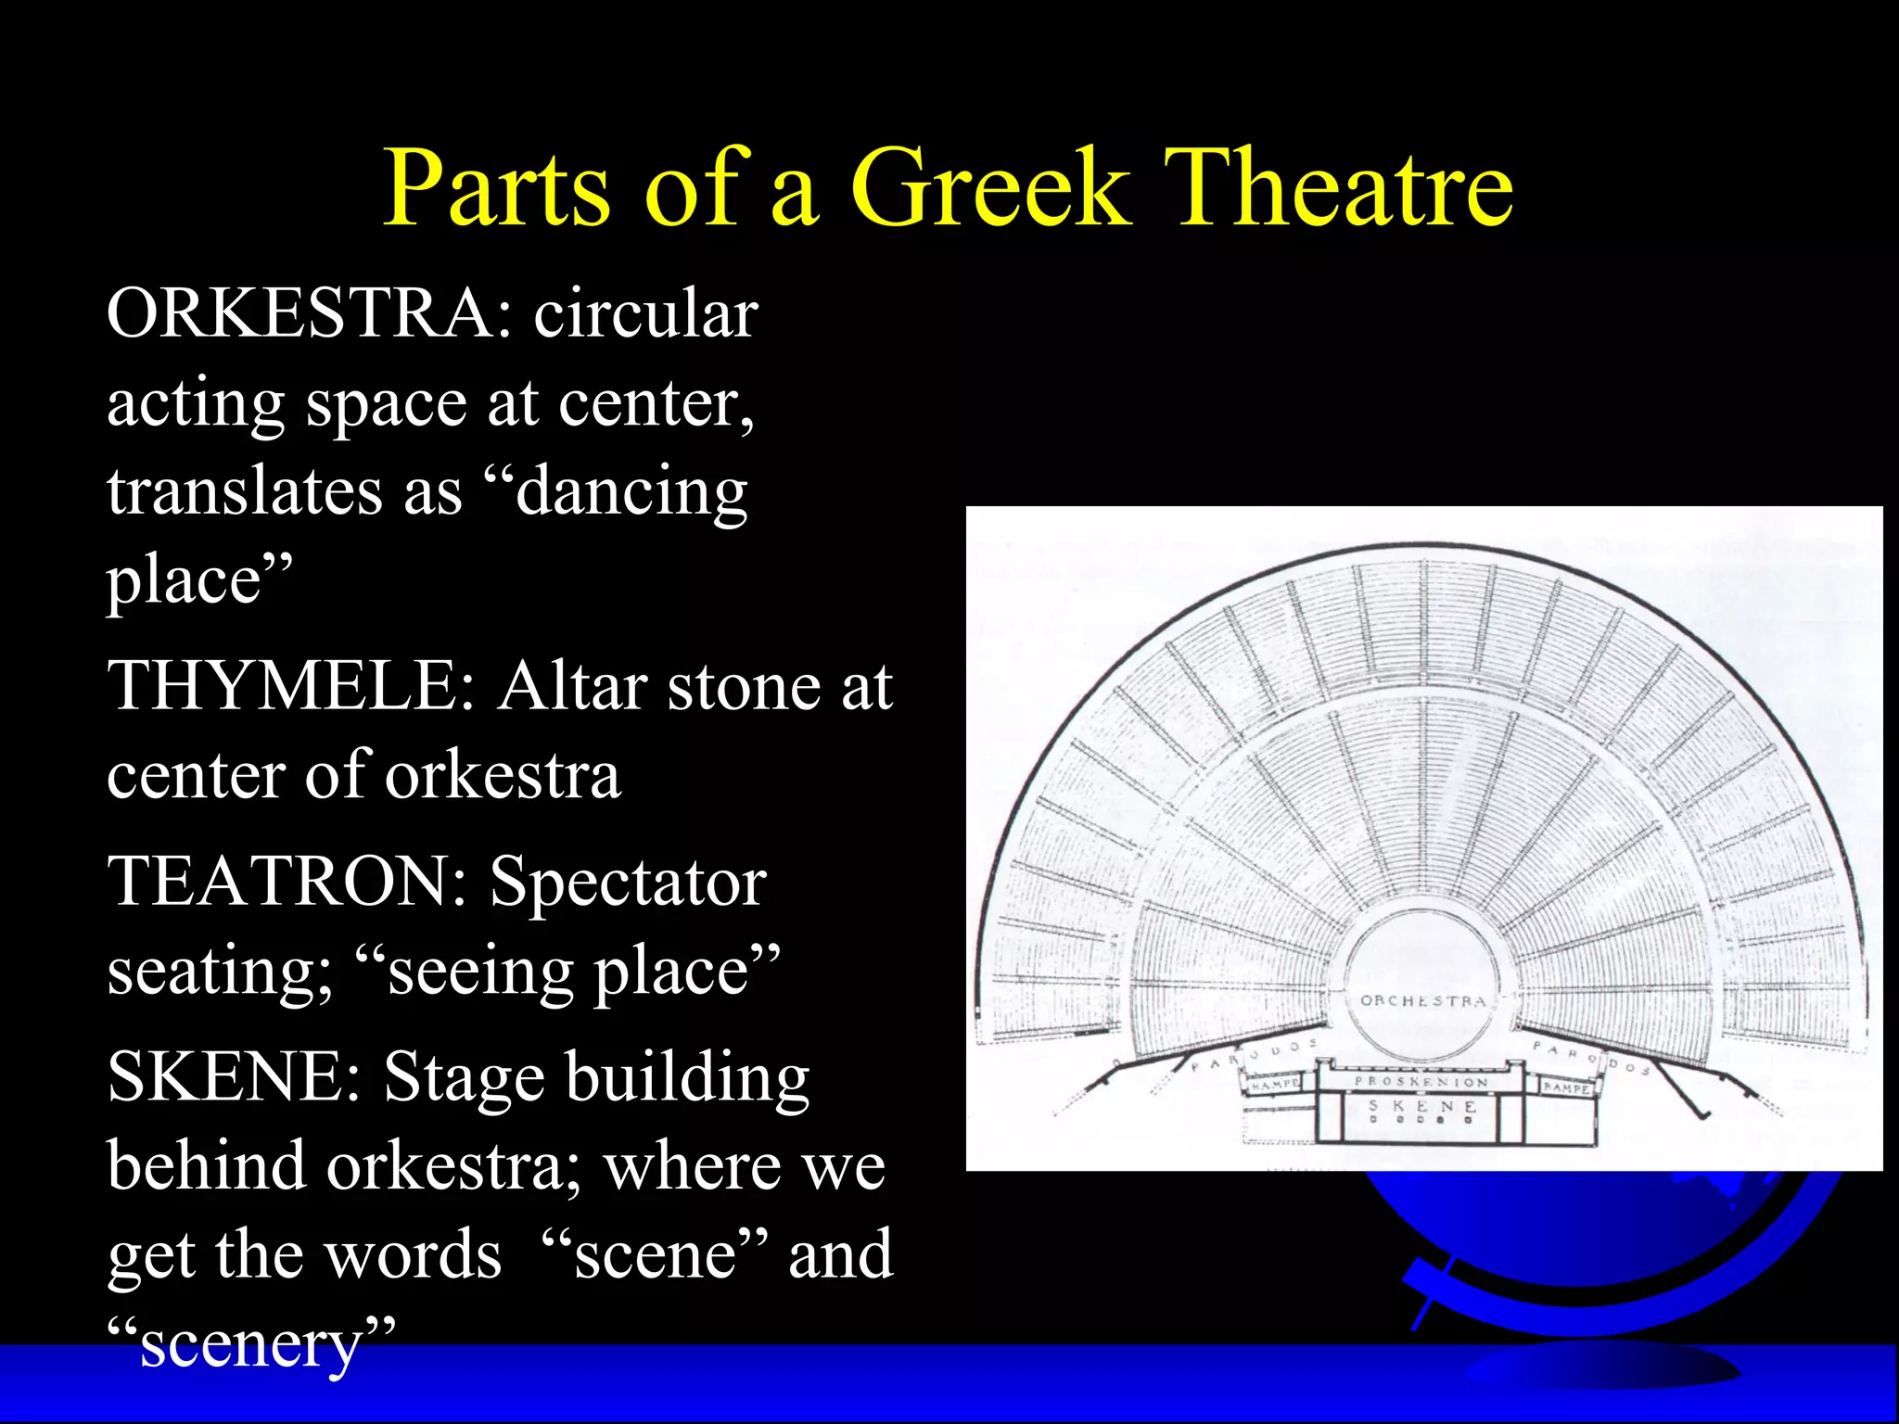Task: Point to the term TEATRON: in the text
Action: pyautogui.click(x=287, y=882)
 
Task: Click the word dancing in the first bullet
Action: pyautogui.click(x=631, y=492)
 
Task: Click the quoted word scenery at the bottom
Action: pyautogui.click(x=250, y=1345)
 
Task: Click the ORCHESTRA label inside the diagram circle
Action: pyautogui.click(x=1422, y=1001)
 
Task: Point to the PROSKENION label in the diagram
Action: pyautogui.click(x=1421, y=1081)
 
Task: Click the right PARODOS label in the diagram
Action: pyautogui.click(x=1589, y=1056)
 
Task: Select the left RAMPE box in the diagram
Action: pyautogui.click(x=1274, y=1084)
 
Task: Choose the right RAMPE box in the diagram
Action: pyautogui.click(x=1566, y=1087)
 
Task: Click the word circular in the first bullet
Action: pyautogui.click(x=645, y=314)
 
